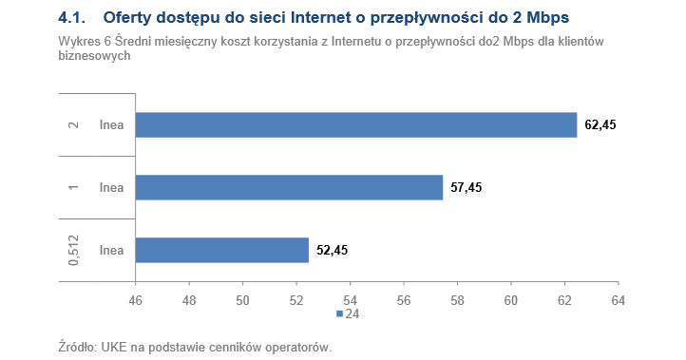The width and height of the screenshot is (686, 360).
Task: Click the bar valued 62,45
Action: tap(356, 125)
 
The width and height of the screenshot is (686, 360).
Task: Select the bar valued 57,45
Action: tap(290, 188)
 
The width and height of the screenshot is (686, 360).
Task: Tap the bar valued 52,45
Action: tap(222, 250)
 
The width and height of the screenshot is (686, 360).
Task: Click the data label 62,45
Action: tap(600, 125)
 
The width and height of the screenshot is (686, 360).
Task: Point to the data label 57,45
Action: tap(467, 188)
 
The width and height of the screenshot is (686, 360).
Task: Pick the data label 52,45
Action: tap(333, 251)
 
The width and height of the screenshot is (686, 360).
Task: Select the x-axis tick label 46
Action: tap(136, 300)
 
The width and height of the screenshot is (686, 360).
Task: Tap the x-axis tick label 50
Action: tap(243, 300)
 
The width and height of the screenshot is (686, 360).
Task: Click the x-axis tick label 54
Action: tap(351, 300)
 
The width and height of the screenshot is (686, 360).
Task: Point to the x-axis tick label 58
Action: tap(457, 300)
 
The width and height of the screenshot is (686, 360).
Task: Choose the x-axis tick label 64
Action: tap(618, 300)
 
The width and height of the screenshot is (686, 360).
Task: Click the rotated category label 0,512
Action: tap(73, 251)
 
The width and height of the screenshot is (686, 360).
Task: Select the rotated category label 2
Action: tap(73, 125)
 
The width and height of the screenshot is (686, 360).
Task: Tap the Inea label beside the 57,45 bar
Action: tap(112, 188)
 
